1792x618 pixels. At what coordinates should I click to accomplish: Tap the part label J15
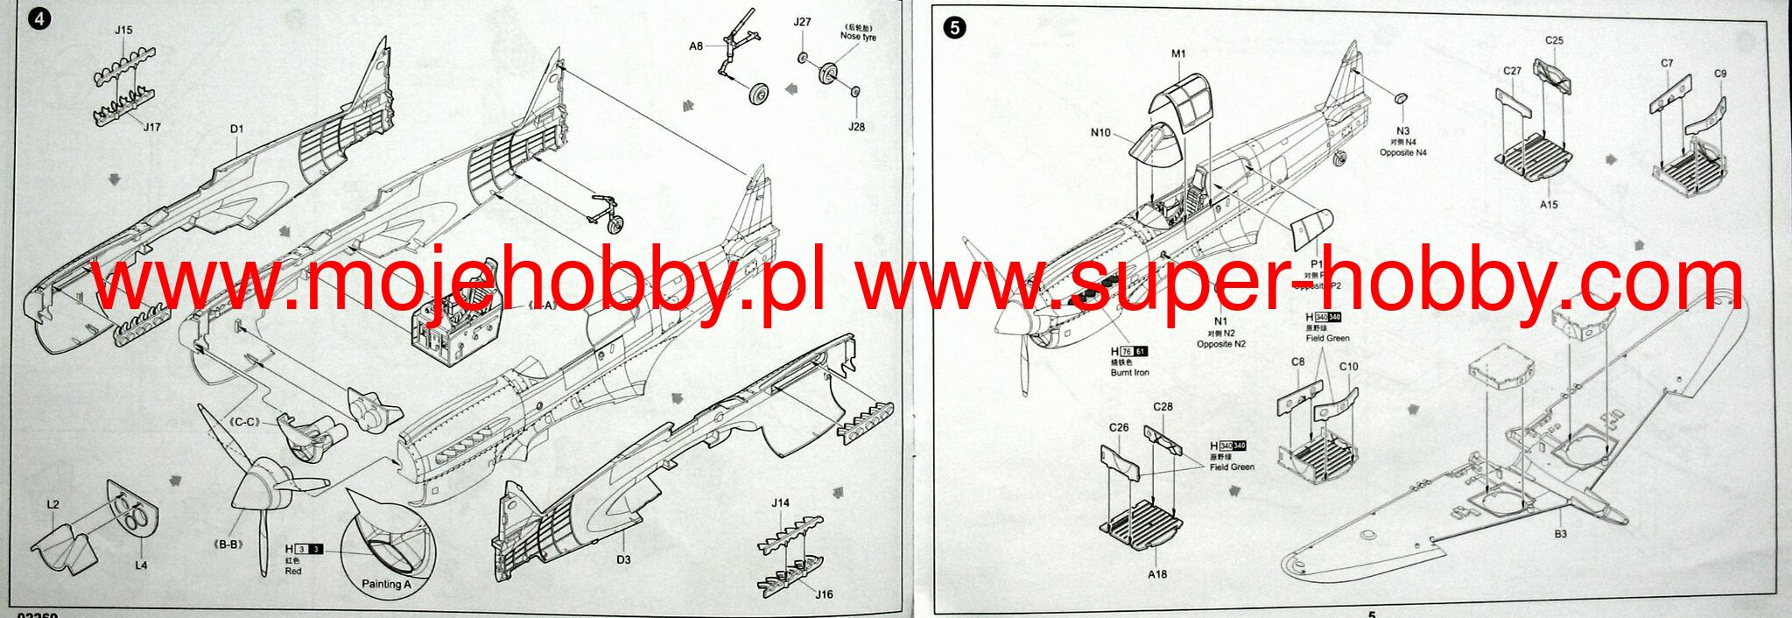click(x=123, y=30)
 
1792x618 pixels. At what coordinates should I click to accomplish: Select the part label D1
click(x=237, y=130)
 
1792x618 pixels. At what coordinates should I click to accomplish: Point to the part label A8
click(x=696, y=46)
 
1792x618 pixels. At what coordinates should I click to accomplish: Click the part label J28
click(x=856, y=127)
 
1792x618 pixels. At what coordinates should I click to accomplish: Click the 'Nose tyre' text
click(x=858, y=37)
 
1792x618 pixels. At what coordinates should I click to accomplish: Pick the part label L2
click(x=53, y=505)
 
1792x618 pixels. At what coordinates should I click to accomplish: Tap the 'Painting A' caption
click(x=386, y=584)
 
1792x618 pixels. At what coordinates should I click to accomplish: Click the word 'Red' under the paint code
click(x=293, y=572)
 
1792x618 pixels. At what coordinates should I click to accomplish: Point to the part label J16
click(x=824, y=594)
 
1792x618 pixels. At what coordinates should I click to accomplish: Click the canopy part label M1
click(x=1178, y=53)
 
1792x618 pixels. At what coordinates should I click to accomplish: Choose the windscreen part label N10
click(x=1100, y=133)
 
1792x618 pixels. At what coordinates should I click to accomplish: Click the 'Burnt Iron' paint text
click(x=1129, y=373)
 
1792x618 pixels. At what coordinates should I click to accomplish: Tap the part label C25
click(x=1554, y=40)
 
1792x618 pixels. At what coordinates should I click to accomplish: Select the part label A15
click(x=1550, y=205)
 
